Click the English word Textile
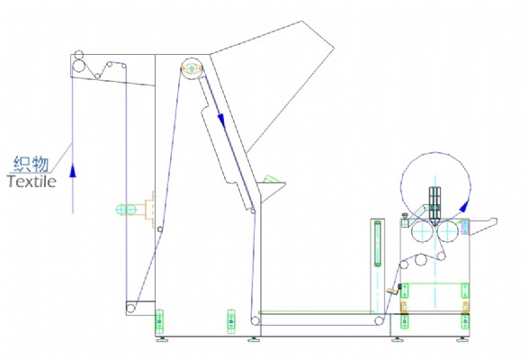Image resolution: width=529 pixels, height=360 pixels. click(x=31, y=182)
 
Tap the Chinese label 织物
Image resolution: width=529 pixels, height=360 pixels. click(x=31, y=164)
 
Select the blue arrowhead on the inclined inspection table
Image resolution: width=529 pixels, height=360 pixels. click(x=221, y=119)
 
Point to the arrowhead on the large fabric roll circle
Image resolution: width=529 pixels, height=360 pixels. click(x=465, y=206)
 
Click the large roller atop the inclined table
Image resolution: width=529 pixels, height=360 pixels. click(x=192, y=68)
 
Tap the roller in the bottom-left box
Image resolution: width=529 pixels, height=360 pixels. click(x=131, y=308)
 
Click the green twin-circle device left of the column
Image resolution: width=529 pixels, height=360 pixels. click(x=125, y=210)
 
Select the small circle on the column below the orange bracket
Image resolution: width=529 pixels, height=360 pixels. click(x=160, y=229)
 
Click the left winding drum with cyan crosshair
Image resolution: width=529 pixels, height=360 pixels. click(x=423, y=231)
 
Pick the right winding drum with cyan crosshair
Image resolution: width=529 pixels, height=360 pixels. click(x=447, y=231)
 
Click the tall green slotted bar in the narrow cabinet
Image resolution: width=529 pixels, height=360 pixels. click(x=378, y=244)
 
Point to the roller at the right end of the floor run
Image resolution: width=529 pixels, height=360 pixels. click(x=380, y=320)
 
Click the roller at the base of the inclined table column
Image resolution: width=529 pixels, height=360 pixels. click(x=256, y=320)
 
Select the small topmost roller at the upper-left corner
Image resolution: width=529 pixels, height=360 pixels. click(x=78, y=55)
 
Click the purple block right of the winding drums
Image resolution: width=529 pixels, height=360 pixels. click(x=465, y=227)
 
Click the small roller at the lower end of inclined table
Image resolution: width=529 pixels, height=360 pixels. click(x=253, y=211)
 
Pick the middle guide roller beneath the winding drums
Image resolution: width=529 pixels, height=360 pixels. click(x=420, y=260)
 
